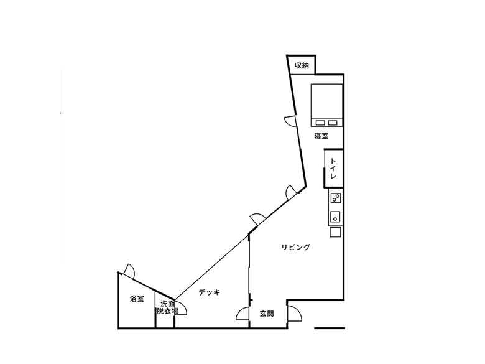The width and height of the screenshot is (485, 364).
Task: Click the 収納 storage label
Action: point(302,65)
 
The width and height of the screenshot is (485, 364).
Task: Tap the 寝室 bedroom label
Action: point(321,136)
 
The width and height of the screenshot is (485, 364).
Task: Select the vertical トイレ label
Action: point(333,169)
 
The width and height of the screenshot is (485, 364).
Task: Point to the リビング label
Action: point(295,247)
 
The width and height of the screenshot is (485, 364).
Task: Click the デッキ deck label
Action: point(210,292)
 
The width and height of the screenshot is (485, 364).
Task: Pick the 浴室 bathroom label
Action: point(137,299)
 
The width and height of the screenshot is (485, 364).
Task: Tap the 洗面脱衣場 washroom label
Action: point(167,307)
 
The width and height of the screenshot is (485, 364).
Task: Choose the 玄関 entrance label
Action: point(266,314)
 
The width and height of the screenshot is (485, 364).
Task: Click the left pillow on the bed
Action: point(320,123)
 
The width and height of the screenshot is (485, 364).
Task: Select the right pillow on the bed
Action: point(333,123)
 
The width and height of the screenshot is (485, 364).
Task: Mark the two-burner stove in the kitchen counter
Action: point(336,198)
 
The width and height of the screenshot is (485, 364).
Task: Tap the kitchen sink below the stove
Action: point(335,217)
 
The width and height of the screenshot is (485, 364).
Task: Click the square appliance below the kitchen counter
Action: point(335,232)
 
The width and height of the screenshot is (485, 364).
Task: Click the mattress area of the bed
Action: point(326,101)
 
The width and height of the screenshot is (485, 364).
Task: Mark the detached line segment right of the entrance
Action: point(330,328)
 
